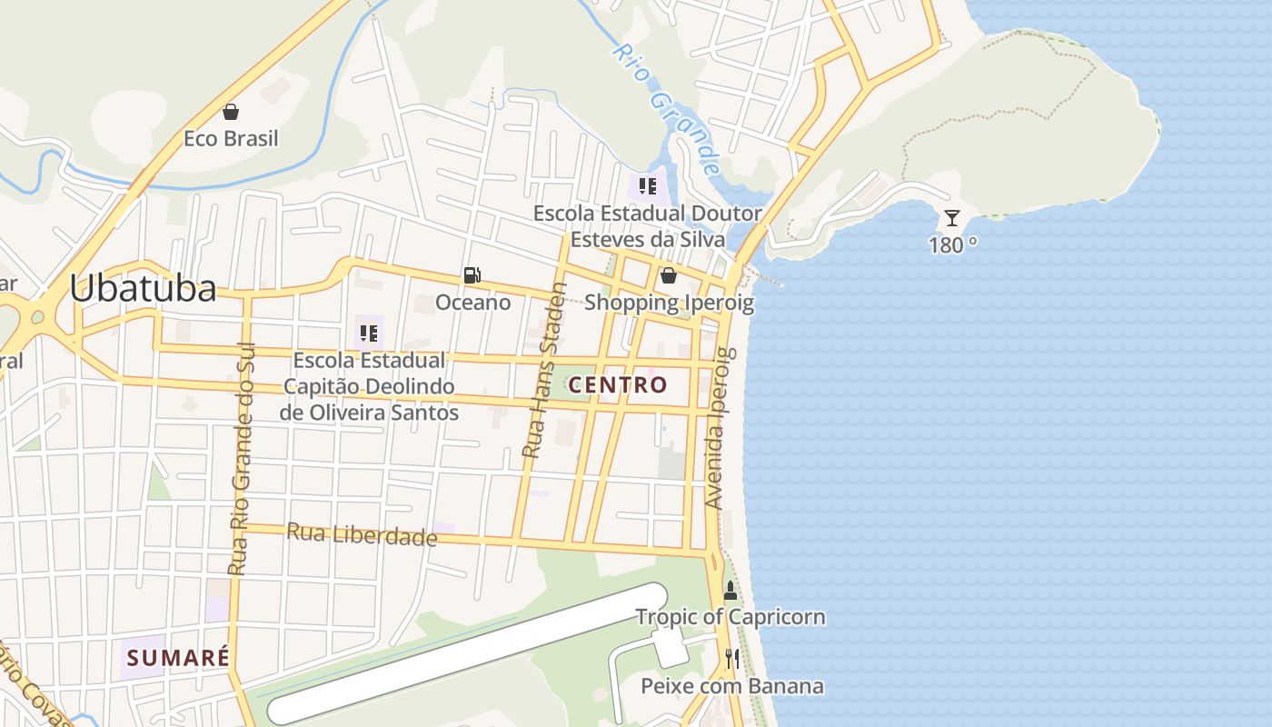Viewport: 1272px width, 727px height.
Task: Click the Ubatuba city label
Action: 143,288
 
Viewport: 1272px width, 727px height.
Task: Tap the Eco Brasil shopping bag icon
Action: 231,112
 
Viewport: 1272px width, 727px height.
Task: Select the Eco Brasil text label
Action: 231,139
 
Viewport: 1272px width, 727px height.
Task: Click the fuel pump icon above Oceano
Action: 472,275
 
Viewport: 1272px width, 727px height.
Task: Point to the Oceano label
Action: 473,302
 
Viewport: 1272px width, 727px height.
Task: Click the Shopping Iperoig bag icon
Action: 669,275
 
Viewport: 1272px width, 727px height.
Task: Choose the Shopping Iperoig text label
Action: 669,303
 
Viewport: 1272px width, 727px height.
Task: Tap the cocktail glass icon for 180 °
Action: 951,218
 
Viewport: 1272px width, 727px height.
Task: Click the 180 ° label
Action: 952,244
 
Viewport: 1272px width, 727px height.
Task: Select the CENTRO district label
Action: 618,384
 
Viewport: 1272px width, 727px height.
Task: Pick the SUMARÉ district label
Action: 177,658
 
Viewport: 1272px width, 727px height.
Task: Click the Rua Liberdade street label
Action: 362,534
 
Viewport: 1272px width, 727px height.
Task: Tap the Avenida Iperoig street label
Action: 719,428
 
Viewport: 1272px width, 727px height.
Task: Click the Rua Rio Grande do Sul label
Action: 240,459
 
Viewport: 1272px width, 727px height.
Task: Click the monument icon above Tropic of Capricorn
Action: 730,591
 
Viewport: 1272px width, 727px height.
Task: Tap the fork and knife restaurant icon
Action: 731,658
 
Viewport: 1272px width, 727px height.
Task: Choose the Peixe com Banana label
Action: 732,685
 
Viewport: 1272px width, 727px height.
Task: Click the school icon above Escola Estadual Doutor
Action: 648,187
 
